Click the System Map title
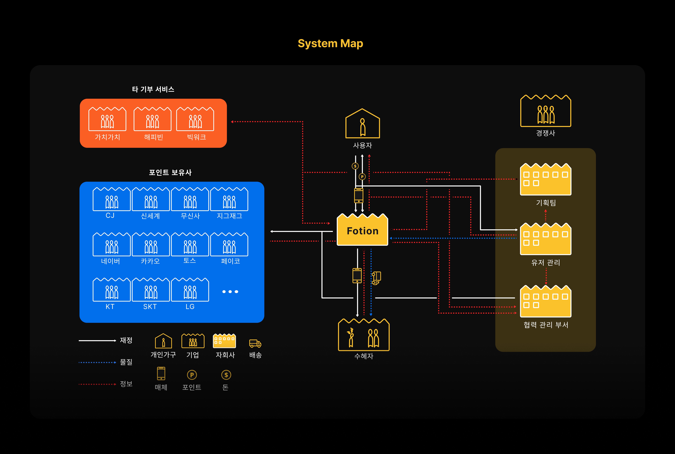[330, 43]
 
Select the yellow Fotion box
[362, 230]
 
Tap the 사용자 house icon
[362, 124]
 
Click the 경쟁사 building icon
[545, 111]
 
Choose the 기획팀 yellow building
[545, 179]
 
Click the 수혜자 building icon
[364, 335]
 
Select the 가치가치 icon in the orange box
[107, 119]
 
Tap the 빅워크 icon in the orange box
[195, 119]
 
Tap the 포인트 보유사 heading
[170, 173]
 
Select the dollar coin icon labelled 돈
[226, 375]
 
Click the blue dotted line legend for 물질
[97, 362]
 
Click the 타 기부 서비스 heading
[153, 89]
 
